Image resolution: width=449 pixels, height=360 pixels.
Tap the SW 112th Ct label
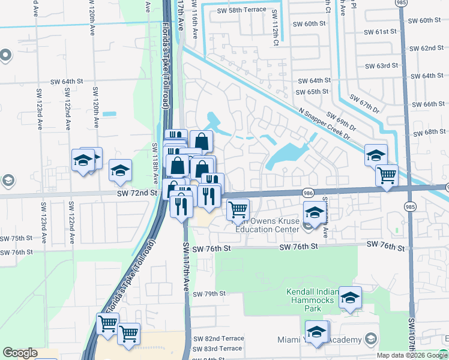(275, 28)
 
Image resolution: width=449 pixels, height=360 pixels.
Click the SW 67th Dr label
(364, 104)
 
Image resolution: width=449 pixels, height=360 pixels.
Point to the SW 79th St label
(209, 294)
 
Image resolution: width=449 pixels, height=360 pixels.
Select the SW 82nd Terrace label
(218, 338)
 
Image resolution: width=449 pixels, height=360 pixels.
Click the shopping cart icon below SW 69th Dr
(387, 175)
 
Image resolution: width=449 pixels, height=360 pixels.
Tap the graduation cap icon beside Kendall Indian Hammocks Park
(349, 297)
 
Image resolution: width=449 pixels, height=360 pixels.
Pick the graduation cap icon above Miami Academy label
(317, 331)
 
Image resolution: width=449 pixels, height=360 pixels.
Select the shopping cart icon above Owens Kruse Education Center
(238, 209)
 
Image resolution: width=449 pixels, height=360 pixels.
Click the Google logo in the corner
(20, 353)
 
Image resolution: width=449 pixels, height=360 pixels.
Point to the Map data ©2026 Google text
(412, 355)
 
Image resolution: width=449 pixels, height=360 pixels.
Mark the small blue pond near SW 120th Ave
(109, 113)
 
